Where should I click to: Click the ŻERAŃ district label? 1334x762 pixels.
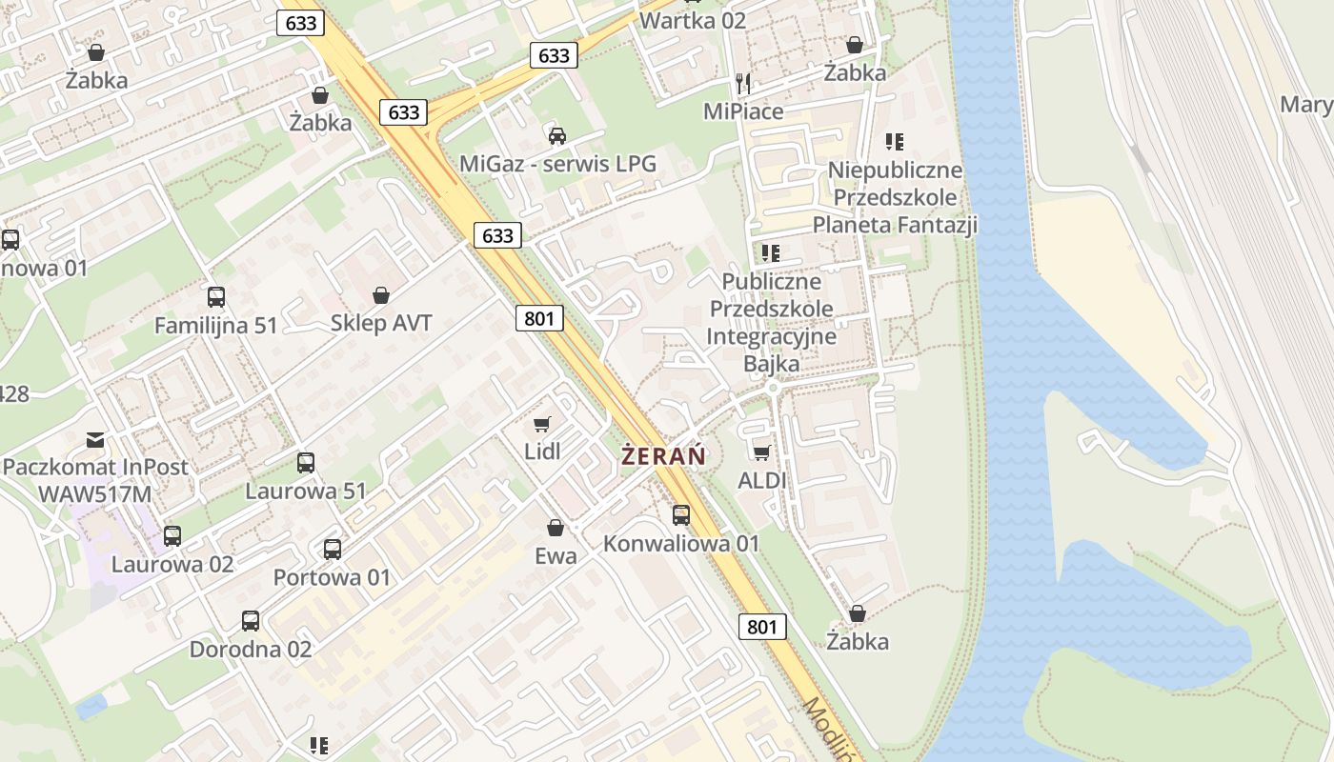(x=663, y=455)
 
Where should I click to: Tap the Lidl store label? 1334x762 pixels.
(x=542, y=451)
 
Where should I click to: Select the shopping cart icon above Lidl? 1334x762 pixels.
(x=542, y=424)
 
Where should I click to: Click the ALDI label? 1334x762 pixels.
(x=762, y=480)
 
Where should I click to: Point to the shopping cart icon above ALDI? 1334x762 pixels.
(x=761, y=451)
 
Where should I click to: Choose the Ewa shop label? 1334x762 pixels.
(x=556, y=555)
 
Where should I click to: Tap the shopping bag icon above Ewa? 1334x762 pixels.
(x=556, y=528)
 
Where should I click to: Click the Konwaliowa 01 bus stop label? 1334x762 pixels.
(x=681, y=543)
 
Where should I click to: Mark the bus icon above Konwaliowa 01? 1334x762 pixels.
(x=681, y=515)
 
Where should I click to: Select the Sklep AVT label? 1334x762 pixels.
(x=381, y=323)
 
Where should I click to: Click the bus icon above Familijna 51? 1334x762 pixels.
(x=216, y=297)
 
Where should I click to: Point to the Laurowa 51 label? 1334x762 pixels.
(x=306, y=491)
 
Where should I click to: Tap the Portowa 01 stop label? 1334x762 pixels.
(x=332, y=577)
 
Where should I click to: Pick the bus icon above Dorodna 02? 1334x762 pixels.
(x=251, y=621)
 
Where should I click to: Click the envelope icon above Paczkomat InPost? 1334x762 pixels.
(x=95, y=439)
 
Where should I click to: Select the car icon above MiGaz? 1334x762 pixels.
(x=557, y=135)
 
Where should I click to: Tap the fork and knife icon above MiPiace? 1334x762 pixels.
(x=743, y=84)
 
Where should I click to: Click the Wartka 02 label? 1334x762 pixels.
(x=693, y=20)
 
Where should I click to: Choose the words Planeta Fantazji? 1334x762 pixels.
(x=895, y=225)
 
